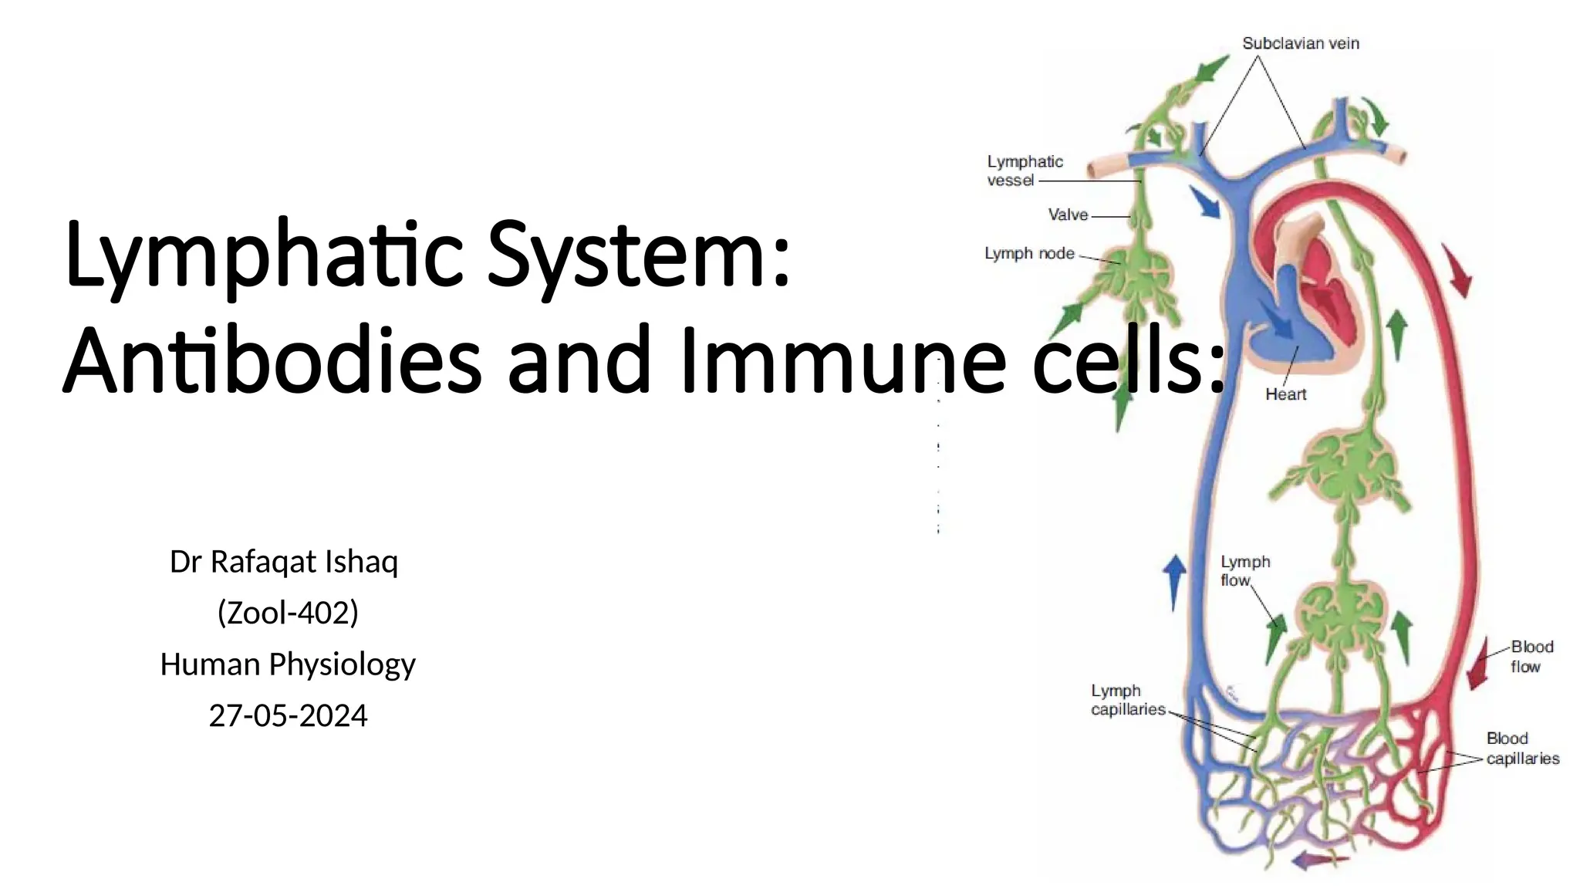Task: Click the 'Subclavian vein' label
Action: [1300, 44]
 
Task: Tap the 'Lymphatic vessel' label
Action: [1025, 171]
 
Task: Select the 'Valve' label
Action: [1068, 215]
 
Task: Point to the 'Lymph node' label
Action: [1029, 253]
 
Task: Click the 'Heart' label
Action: [1285, 394]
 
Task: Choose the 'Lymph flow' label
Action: [1244, 571]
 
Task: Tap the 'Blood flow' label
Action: [1531, 657]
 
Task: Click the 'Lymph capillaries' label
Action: [1127, 700]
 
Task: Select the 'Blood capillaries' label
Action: [1522, 749]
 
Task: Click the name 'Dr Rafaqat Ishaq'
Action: [284, 562]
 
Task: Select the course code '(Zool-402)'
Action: [288, 613]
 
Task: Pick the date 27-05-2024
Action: [288, 715]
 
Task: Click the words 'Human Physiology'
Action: [288, 664]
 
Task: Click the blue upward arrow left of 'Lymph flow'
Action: [1174, 580]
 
